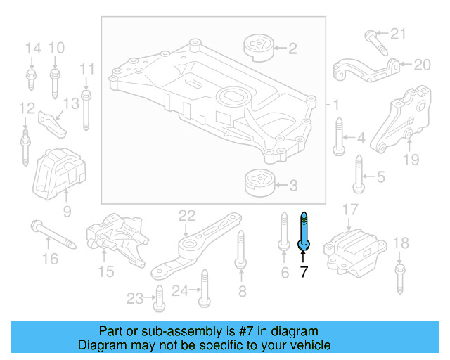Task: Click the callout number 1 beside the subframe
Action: [336, 105]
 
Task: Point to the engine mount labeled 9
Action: [60, 173]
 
